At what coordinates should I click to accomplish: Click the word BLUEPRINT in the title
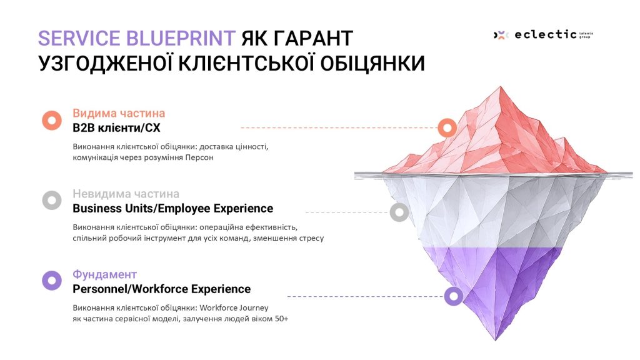pos(180,38)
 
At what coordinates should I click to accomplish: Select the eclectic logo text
pos(546,35)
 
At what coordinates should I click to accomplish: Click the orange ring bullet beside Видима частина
pos(52,121)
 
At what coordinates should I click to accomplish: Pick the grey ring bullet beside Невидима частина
pos(52,201)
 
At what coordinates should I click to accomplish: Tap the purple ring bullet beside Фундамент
pos(52,281)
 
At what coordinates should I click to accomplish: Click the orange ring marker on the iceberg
pos(447,127)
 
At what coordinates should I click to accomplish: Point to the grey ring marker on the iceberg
pos(399,212)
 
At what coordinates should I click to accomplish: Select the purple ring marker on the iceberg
pos(454,296)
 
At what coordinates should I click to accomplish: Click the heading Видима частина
pos(119,113)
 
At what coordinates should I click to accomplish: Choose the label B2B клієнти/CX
pos(116,128)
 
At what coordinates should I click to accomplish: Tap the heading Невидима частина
pos(126,194)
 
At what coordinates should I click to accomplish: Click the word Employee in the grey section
pos(184,209)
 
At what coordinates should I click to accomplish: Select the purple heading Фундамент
pos(104,274)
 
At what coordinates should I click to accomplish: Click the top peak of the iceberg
pos(501,87)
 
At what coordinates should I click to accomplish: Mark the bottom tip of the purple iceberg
pos(496,339)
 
